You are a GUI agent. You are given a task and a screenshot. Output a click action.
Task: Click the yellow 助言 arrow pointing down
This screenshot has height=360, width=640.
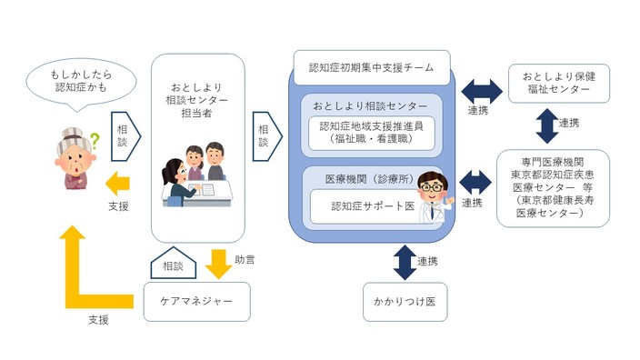click(218, 264)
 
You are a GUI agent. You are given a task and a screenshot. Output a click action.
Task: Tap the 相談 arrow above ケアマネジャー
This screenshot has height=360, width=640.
click(172, 265)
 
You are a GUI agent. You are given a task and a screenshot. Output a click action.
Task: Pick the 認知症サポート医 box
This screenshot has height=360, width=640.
click(364, 205)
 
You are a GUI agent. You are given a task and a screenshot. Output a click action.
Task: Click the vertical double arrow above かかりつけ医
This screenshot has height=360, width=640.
click(404, 261)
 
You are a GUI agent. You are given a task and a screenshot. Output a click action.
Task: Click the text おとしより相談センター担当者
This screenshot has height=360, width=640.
click(198, 98)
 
